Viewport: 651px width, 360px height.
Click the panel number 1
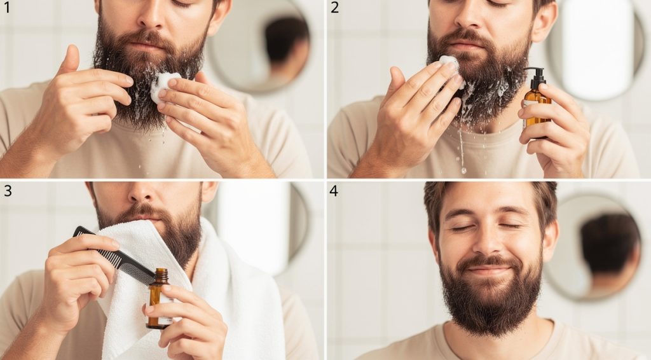[x=7, y=8]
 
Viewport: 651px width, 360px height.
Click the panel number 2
[x=335, y=8]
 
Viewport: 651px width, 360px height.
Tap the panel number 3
[x=7, y=191]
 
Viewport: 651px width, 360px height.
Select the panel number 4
[x=334, y=191]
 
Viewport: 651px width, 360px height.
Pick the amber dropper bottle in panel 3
[x=158, y=299]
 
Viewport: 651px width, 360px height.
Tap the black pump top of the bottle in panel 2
[x=536, y=78]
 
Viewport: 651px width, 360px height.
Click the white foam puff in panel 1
[x=164, y=86]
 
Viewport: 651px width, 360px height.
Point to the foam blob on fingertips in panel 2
[x=449, y=62]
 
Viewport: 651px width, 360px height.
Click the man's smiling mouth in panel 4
[x=489, y=270]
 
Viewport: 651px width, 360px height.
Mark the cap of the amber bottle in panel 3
[x=161, y=276]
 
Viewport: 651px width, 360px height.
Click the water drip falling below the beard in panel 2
[x=462, y=153]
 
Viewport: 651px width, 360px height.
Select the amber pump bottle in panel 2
[x=536, y=102]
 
